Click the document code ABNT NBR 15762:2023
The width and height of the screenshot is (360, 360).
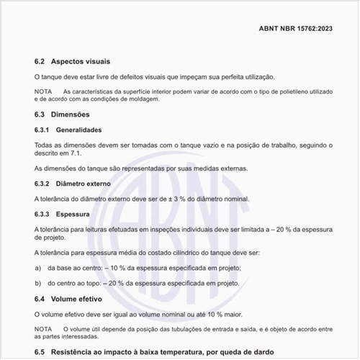pos(295,28)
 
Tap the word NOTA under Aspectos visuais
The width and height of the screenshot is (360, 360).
pos(42,91)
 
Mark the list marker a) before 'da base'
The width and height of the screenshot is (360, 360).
pos(37,268)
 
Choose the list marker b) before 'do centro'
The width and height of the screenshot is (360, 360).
pos(37,283)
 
